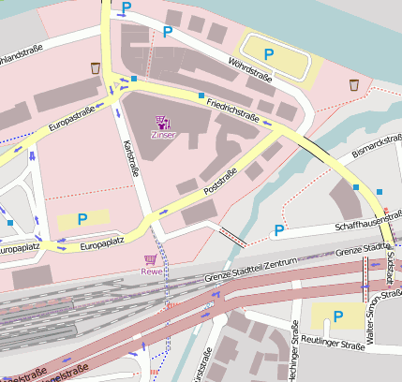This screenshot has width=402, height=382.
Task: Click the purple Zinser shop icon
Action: (162, 121)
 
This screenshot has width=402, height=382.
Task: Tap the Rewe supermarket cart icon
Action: (151, 258)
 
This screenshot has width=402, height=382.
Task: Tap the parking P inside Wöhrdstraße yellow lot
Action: (269, 54)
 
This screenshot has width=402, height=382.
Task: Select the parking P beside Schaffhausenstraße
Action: (277, 231)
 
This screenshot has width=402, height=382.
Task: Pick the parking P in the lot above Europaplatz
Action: (82, 218)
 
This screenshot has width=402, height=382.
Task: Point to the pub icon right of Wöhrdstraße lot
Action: (354, 85)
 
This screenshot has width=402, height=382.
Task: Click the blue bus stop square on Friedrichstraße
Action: (201, 95)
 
